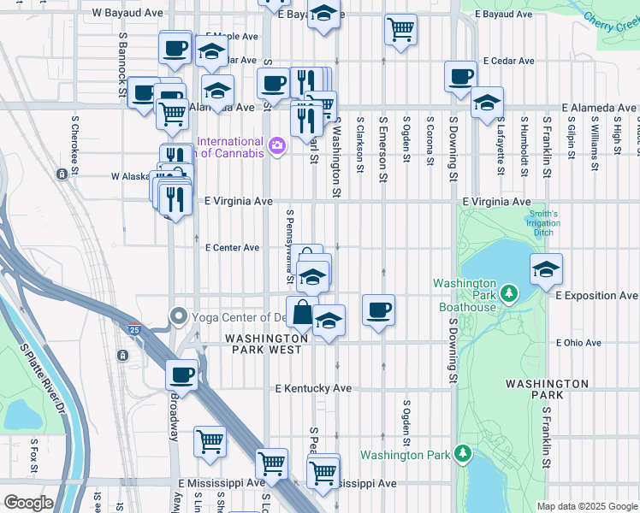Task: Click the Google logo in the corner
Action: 28,503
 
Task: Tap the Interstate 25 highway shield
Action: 134,328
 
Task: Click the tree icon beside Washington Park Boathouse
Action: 509,295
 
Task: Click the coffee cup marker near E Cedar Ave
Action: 460,77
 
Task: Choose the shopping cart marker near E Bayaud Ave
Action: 400,29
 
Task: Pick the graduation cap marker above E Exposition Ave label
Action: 546,269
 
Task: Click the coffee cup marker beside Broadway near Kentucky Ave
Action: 181,374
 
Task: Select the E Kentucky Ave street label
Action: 313,388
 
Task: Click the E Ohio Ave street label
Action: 579,343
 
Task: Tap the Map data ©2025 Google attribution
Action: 586,506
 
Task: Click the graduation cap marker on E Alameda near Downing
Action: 487,103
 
